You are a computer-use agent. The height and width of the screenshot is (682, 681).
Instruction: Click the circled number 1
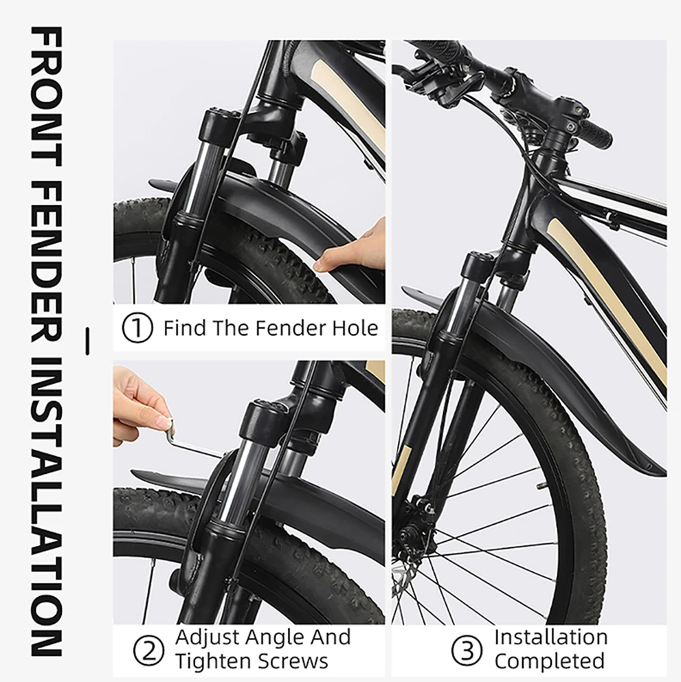point(137,328)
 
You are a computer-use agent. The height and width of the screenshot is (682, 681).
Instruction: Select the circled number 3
point(467,649)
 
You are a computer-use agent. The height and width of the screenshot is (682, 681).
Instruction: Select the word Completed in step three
point(549,661)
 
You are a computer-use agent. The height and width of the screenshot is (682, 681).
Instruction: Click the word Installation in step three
point(551,637)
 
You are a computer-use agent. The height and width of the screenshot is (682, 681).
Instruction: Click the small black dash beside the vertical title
point(88,341)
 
